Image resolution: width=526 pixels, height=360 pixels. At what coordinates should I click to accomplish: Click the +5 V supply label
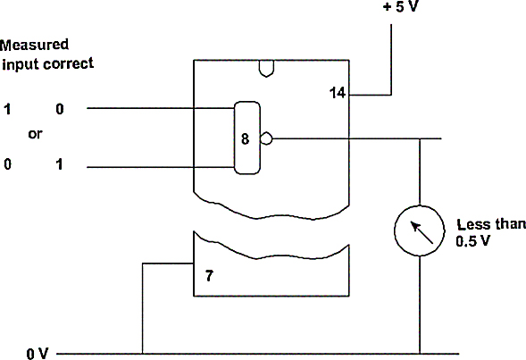click(401, 6)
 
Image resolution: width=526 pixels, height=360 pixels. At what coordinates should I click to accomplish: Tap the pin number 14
click(338, 93)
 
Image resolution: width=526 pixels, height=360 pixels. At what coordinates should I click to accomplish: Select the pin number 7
click(209, 276)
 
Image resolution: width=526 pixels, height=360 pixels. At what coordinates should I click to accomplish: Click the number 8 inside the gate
click(246, 138)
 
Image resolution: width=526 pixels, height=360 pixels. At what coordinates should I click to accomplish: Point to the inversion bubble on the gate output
click(266, 138)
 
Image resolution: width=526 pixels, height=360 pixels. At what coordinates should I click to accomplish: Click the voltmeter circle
click(420, 205)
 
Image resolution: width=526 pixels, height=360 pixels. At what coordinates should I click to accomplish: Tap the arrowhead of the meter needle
click(415, 226)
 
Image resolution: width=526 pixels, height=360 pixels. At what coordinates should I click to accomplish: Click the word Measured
click(34, 45)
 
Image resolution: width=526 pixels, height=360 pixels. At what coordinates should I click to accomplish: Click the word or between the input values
click(35, 134)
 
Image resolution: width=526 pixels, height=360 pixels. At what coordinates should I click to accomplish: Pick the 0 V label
click(38, 354)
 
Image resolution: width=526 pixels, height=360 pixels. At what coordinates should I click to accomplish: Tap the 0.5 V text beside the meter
click(473, 241)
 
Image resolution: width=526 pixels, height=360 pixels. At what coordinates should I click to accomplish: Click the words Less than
click(491, 224)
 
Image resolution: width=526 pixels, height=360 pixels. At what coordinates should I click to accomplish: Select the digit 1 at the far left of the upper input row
click(7, 109)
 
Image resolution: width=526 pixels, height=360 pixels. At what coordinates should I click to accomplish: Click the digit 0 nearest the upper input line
click(60, 109)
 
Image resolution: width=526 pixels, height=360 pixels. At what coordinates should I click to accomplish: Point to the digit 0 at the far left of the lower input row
click(7, 164)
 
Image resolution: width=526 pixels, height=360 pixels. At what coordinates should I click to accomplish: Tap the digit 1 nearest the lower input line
click(59, 164)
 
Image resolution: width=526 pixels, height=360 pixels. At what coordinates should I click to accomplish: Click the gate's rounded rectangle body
click(234, 138)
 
